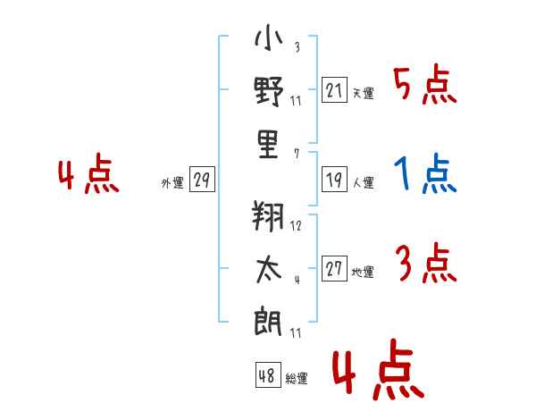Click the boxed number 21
click(334, 90)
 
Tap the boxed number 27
click(334, 269)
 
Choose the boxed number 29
click(201, 181)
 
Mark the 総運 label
click(297, 378)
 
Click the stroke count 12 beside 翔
click(296, 226)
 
